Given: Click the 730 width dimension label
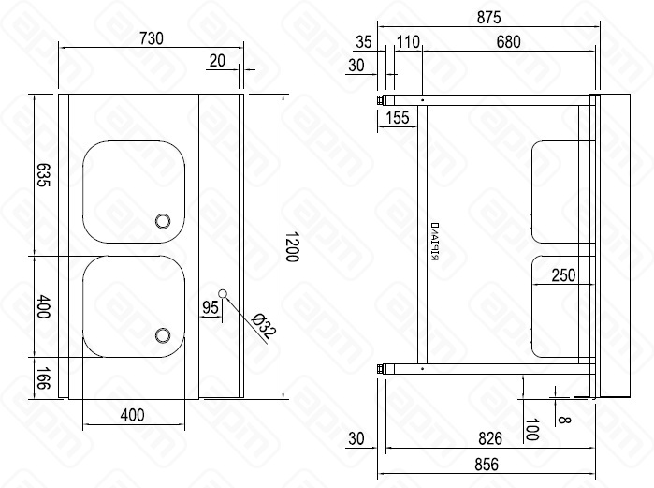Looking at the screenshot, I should coord(151,38).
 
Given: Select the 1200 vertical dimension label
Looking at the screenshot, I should coord(291,245).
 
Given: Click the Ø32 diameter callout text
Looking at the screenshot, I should coord(263,327).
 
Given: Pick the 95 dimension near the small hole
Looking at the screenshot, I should coord(210,306).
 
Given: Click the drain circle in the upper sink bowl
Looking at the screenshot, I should coord(163,221).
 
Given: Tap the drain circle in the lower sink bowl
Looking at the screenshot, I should coord(163,334).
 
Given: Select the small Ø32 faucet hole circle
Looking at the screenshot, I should coord(223,293).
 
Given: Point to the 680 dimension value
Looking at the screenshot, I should coord(509,41).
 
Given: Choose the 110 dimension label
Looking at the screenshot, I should coord(408,41).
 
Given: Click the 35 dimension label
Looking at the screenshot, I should coord(365,41).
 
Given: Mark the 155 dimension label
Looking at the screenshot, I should coord(397,117).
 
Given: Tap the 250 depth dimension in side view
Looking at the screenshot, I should coord(562,274).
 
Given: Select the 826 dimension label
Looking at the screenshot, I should coord(490,438).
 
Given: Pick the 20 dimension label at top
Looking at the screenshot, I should coord(218,61).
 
